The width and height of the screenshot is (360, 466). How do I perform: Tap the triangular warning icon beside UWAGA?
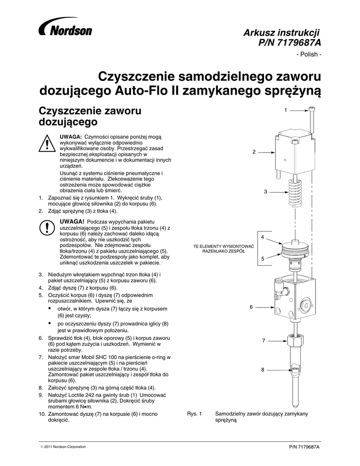tap(47, 145)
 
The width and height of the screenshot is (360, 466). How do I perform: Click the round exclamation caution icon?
tap(47, 227)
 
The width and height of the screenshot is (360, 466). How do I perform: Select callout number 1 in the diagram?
tap(285, 110)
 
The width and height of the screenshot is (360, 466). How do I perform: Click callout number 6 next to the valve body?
tap(251, 307)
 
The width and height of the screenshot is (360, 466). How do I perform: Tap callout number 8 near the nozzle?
tap(263, 370)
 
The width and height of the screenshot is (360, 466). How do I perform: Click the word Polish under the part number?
tap(309, 55)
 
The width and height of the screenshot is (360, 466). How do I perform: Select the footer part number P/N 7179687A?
tap(304, 447)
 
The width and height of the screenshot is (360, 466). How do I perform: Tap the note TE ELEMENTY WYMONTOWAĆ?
tap(223, 246)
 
